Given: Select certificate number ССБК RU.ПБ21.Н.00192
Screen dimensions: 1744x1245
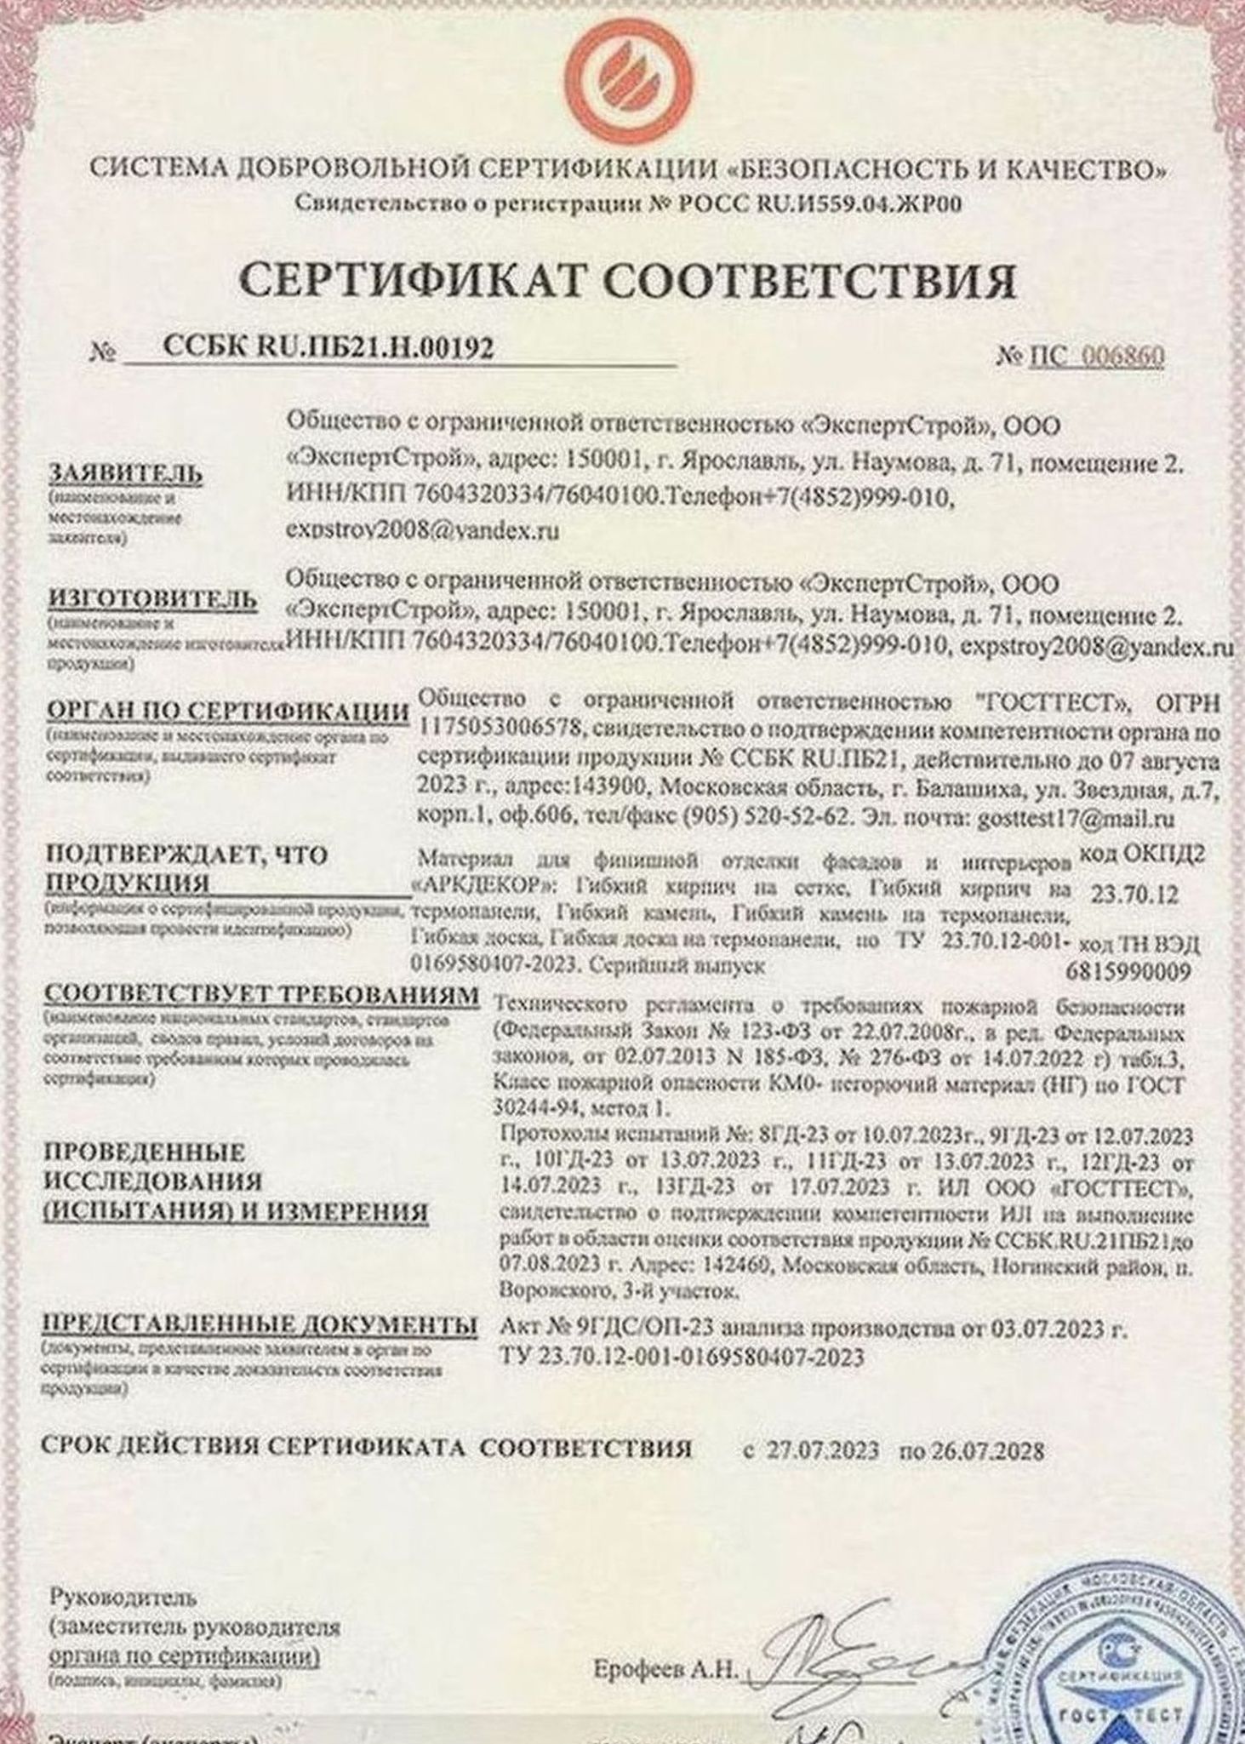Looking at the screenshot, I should pos(328,348).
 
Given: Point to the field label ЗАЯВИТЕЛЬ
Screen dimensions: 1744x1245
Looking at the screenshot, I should pos(125,474).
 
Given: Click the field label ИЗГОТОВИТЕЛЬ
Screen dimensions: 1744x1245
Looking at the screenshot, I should pos(152,598).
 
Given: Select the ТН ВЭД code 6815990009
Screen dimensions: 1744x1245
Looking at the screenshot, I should pos(1128,971).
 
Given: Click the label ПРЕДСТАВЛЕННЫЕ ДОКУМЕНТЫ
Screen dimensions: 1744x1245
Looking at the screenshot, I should pos(260,1325).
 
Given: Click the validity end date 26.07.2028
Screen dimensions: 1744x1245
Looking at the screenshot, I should pos(987,1450).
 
